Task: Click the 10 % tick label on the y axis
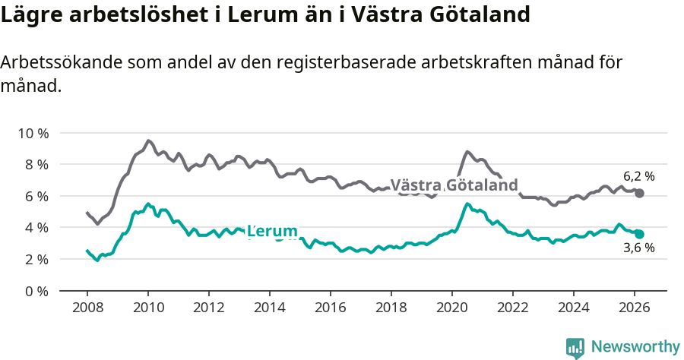(33, 133)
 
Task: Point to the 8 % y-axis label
(35, 165)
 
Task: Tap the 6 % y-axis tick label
(35, 196)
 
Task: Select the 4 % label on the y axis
(35, 228)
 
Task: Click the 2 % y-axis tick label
(35, 260)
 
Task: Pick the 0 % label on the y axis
(35, 291)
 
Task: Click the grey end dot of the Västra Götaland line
(639, 194)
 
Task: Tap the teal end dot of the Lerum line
(639, 235)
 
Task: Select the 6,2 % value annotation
(638, 176)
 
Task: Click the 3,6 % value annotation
(638, 248)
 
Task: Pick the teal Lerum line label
(272, 231)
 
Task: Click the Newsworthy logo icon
(575, 347)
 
